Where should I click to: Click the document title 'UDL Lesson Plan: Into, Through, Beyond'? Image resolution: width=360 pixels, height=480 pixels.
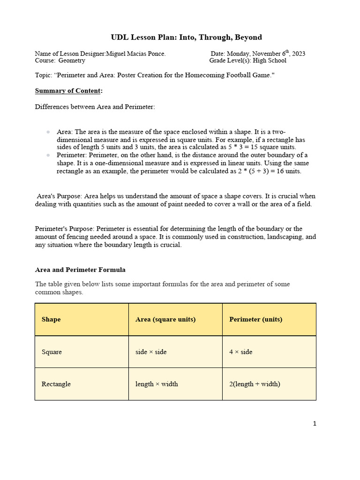(x=186, y=37)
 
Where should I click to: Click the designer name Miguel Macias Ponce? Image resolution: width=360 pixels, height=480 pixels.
(x=136, y=53)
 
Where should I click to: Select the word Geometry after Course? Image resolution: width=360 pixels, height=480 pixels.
(x=71, y=60)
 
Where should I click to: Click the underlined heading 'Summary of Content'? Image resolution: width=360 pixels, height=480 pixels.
(x=68, y=90)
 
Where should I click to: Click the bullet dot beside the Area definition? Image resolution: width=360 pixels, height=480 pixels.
(x=48, y=132)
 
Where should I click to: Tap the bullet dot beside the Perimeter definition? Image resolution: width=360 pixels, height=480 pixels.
(x=48, y=155)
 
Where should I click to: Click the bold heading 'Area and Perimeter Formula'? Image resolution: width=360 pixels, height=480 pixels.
(x=80, y=270)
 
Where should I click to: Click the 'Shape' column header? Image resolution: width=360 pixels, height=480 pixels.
(x=51, y=319)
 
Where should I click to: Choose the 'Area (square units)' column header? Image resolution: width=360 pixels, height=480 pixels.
(x=165, y=319)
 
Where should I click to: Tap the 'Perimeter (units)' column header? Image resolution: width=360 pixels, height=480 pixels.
(x=255, y=319)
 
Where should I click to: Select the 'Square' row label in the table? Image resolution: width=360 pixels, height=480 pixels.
(x=52, y=352)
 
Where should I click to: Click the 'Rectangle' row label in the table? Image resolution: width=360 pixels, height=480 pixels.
(x=56, y=384)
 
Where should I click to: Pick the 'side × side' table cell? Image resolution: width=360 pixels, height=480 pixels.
(x=151, y=352)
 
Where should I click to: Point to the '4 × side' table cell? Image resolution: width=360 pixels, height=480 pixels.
(x=240, y=352)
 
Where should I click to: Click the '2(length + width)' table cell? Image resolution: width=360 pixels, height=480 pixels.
(x=255, y=384)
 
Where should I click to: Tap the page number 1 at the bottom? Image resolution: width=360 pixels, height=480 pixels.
(x=315, y=424)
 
